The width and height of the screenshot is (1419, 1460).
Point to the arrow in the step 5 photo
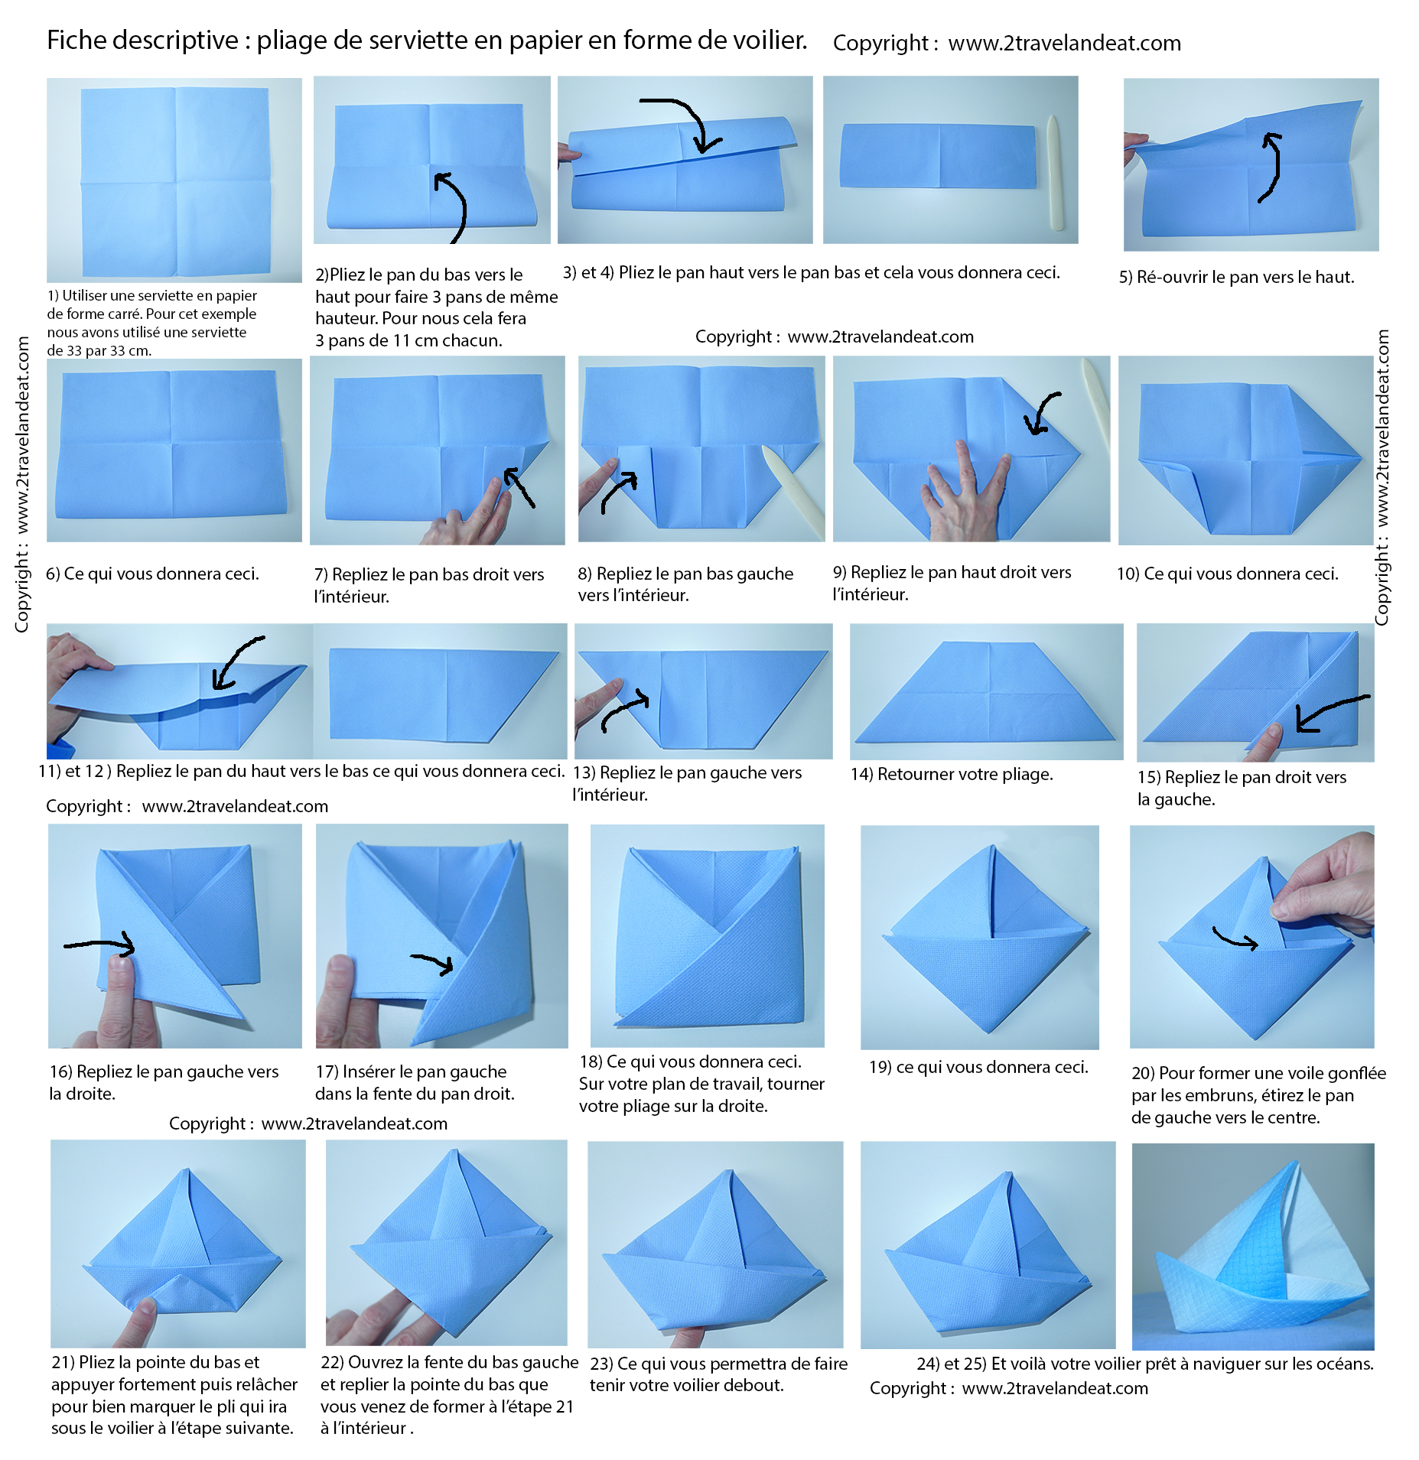[x=1274, y=166]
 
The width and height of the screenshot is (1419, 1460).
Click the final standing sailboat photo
[x=1253, y=1247]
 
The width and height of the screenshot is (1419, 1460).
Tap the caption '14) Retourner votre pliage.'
[x=952, y=774]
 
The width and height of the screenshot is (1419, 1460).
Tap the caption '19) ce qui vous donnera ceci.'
[x=978, y=1067]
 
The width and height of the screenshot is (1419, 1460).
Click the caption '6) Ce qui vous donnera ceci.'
[x=153, y=574]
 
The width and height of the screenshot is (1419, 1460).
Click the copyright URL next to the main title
[x=1064, y=43]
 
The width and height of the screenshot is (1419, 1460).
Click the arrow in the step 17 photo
[x=433, y=964]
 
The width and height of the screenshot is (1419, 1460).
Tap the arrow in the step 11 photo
[x=236, y=662]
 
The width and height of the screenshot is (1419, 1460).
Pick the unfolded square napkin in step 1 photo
[x=175, y=182]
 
